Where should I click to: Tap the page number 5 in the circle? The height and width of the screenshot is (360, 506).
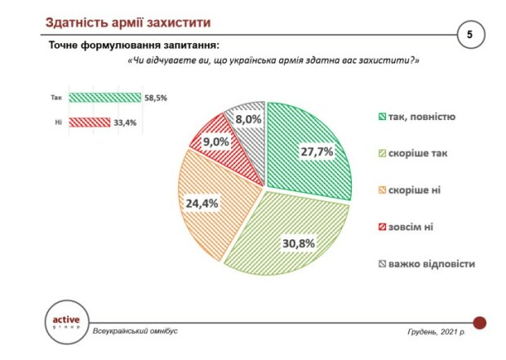point(470,35)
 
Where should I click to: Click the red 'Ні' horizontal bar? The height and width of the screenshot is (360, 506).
point(88,122)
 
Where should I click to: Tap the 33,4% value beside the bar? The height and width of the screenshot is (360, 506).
point(125,122)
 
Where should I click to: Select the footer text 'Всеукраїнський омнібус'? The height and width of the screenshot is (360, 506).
point(135,331)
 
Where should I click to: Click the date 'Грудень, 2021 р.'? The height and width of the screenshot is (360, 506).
point(437,331)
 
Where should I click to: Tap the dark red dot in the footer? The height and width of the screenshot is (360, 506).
point(480,322)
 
